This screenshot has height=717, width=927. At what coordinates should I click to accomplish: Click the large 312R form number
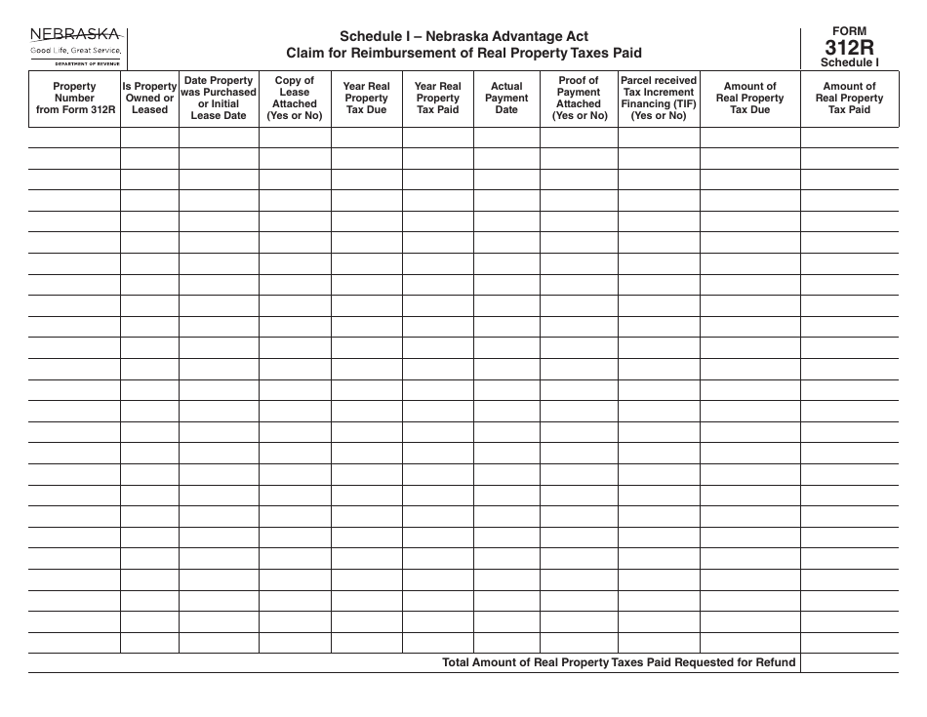pyautogui.click(x=849, y=48)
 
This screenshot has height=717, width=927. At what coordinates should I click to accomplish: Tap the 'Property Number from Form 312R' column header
pyautogui.click(x=74, y=98)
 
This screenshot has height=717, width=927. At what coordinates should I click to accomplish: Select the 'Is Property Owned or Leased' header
pyautogui.click(x=149, y=98)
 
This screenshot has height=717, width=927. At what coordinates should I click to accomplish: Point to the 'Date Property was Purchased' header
pyautogui.click(x=219, y=98)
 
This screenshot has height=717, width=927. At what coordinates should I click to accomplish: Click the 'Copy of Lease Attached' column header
pyautogui.click(x=295, y=98)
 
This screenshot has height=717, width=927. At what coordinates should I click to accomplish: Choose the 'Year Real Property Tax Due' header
pyautogui.click(x=367, y=98)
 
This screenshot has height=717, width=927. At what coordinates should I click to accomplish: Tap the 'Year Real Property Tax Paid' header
pyautogui.click(x=438, y=98)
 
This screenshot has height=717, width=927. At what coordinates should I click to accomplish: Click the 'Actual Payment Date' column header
pyautogui.click(x=506, y=98)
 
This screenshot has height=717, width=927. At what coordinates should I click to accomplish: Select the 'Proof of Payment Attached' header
pyautogui.click(x=579, y=98)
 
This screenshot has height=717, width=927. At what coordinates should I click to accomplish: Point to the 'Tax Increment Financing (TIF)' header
pyautogui.click(x=659, y=98)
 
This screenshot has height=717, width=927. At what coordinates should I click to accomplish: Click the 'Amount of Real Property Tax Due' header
pyautogui.click(x=749, y=98)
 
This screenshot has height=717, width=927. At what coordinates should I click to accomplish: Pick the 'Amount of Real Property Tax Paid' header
pyautogui.click(x=849, y=98)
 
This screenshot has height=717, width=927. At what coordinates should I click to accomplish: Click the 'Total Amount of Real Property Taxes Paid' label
pyautogui.click(x=619, y=662)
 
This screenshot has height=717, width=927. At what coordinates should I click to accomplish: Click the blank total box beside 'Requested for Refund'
pyautogui.click(x=849, y=662)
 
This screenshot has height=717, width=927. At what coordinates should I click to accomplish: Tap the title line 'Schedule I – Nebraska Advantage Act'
pyautogui.click(x=463, y=37)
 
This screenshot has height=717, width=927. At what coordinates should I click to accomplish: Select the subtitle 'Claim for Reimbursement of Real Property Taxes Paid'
pyautogui.click(x=463, y=53)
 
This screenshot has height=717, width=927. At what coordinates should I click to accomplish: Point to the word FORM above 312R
pyautogui.click(x=849, y=31)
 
